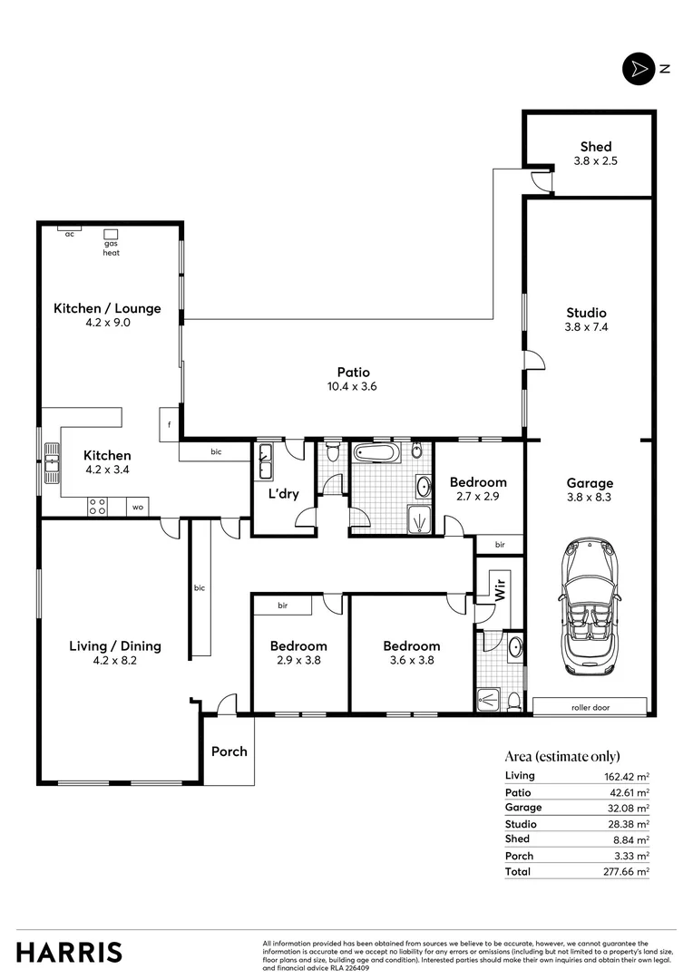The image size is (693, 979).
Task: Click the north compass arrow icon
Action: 639,69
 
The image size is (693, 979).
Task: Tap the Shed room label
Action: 596,146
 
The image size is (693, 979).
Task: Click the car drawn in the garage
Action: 590,606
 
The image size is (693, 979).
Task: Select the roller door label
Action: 590,707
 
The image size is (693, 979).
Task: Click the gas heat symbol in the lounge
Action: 112,234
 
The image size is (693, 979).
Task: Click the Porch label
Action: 229,751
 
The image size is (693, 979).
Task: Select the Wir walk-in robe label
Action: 499,588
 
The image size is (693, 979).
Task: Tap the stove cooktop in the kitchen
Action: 97,507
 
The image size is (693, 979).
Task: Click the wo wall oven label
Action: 138,508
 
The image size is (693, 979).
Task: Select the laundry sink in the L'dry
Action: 266,461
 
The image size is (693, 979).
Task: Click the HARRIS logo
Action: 69,952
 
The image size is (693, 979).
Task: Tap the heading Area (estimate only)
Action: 562,756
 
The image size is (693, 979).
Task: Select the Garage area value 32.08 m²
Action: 631,808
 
